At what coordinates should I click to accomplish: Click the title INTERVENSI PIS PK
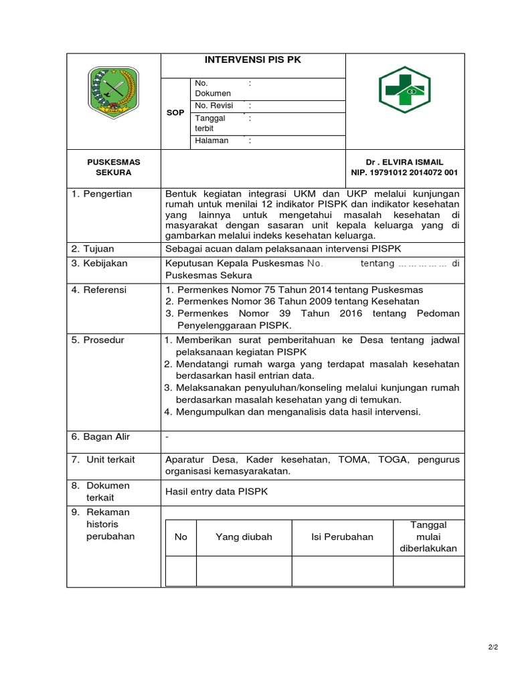coord(253,60)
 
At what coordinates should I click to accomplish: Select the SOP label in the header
coord(175,113)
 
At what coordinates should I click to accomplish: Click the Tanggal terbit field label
coord(210,123)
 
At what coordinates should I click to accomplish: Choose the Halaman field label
coord(211,140)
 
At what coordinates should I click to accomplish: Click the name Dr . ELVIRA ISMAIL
coord(404,162)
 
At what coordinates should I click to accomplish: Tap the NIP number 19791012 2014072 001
coord(404,173)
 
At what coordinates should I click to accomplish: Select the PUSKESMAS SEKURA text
coord(113,167)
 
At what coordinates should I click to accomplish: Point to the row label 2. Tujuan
coord(95,249)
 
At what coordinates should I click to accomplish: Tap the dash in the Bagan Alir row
coord(167,437)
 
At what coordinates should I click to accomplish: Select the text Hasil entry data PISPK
coord(216,492)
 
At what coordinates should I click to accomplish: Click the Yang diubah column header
coord(244,537)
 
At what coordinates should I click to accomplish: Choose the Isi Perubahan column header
coord(342,537)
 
